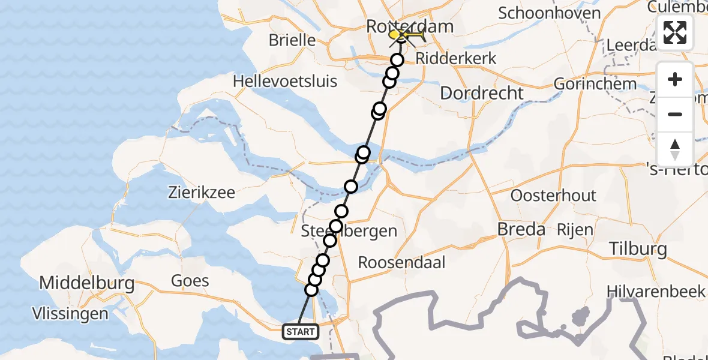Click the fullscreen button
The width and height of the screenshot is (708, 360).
point(675,32)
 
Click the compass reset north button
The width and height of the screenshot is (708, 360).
point(675,149)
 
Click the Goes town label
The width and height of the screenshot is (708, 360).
point(190,280)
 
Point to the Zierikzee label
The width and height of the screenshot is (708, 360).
point(201,193)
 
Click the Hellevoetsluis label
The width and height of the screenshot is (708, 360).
point(285,81)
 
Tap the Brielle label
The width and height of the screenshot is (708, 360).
point(292,41)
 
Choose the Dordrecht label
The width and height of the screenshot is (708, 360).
point(482,93)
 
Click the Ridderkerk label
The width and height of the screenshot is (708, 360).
point(447,59)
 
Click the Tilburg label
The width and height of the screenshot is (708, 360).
point(638,248)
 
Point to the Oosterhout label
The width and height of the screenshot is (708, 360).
point(553,196)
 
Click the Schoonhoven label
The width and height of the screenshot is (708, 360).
point(550,13)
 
